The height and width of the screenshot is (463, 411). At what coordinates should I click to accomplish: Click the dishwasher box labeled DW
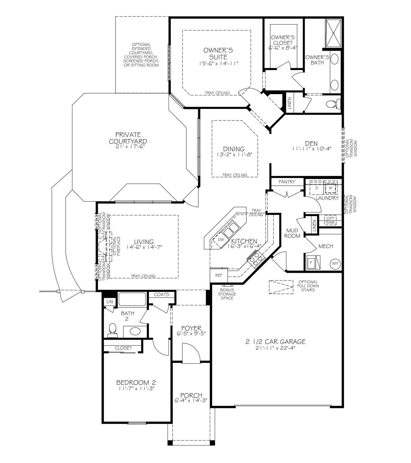pyautogui.click(x=221, y=239)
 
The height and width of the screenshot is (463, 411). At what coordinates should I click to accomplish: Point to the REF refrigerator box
pyautogui.click(x=219, y=275)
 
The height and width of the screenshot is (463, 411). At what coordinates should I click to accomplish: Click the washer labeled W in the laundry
pyautogui.click(x=330, y=188)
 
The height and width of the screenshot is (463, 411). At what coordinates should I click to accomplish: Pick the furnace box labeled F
pyautogui.click(x=311, y=262)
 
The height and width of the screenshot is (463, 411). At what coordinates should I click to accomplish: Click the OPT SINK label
pyautogui.click(x=330, y=221)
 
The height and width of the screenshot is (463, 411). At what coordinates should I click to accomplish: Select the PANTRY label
pyautogui.click(x=287, y=182)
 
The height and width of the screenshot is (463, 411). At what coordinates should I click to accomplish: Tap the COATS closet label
pyautogui.click(x=161, y=295)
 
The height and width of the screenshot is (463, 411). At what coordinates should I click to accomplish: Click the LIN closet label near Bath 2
pyautogui.click(x=110, y=302)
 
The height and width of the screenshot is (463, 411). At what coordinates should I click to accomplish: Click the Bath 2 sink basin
pyautogui.click(x=135, y=331)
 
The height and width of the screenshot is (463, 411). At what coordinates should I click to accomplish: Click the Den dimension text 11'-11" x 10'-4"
pyautogui.click(x=312, y=149)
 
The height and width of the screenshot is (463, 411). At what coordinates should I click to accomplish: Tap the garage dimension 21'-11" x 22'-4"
pyautogui.click(x=275, y=348)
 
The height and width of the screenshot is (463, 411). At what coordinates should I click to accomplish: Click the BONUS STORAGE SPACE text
pyautogui.click(x=227, y=294)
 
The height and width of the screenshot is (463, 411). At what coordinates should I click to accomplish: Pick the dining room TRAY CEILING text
pyautogui.click(x=235, y=175)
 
